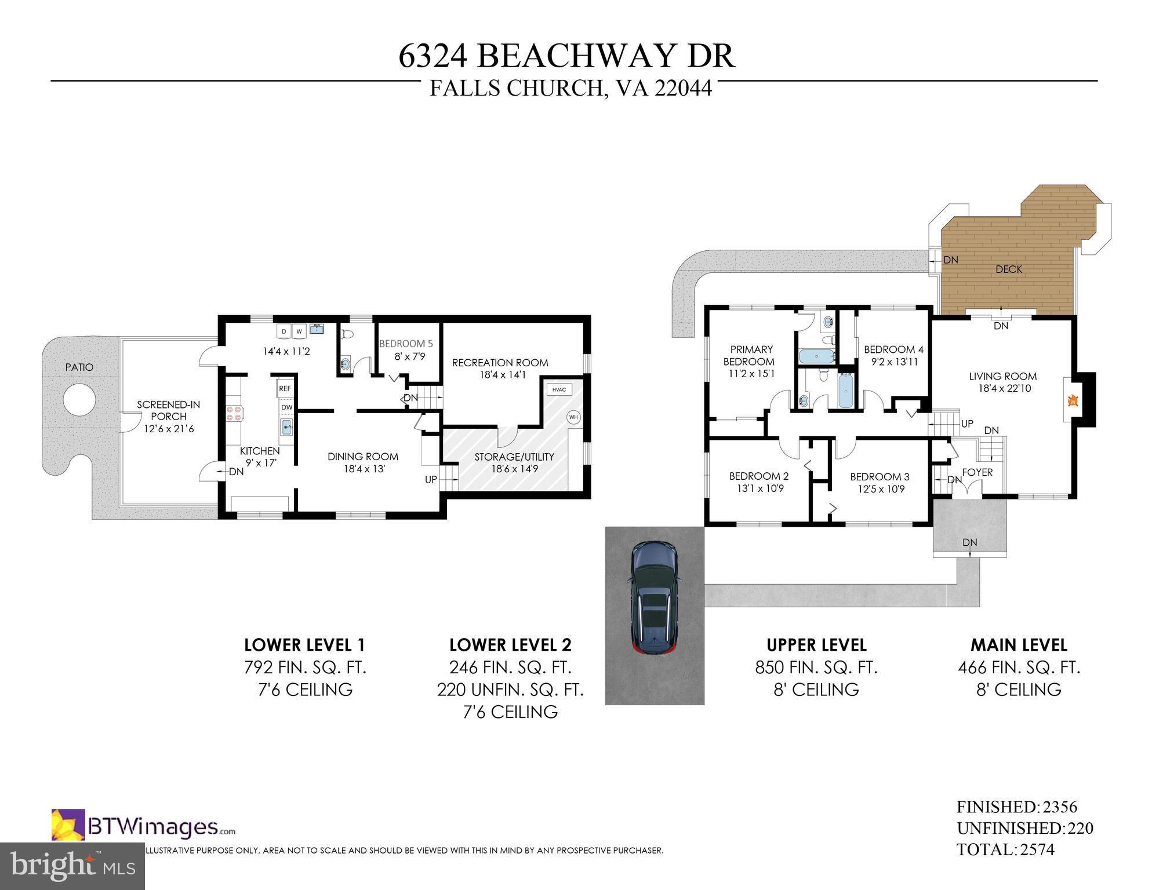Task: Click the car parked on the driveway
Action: pyautogui.click(x=655, y=597)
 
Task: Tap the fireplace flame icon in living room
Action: pyautogui.click(x=1073, y=400)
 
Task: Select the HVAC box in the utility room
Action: pyautogui.click(x=558, y=389)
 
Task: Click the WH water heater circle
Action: pyautogui.click(x=573, y=417)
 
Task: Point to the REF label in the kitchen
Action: pyautogui.click(x=285, y=389)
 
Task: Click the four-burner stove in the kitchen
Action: pyautogui.click(x=234, y=413)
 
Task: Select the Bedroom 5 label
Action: pyautogui.click(x=406, y=344)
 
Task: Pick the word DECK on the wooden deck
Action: pyautogui.click(x=1009, y=269)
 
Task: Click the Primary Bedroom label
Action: pyautogui.click(x=751, y=355)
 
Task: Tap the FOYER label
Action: pyautogui.click(x=977, y=472)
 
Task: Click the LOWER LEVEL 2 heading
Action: pyautogui.click(x=510, y=645)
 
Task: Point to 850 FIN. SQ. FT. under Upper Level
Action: pyautogui.click(x=816, y=668)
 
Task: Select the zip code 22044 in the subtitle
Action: pyautogui.click(x=683, y=89)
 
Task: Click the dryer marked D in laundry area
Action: pyautogui.click(x=284, y=332)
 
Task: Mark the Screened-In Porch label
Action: pyautogui.click(x=168, y=411)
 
